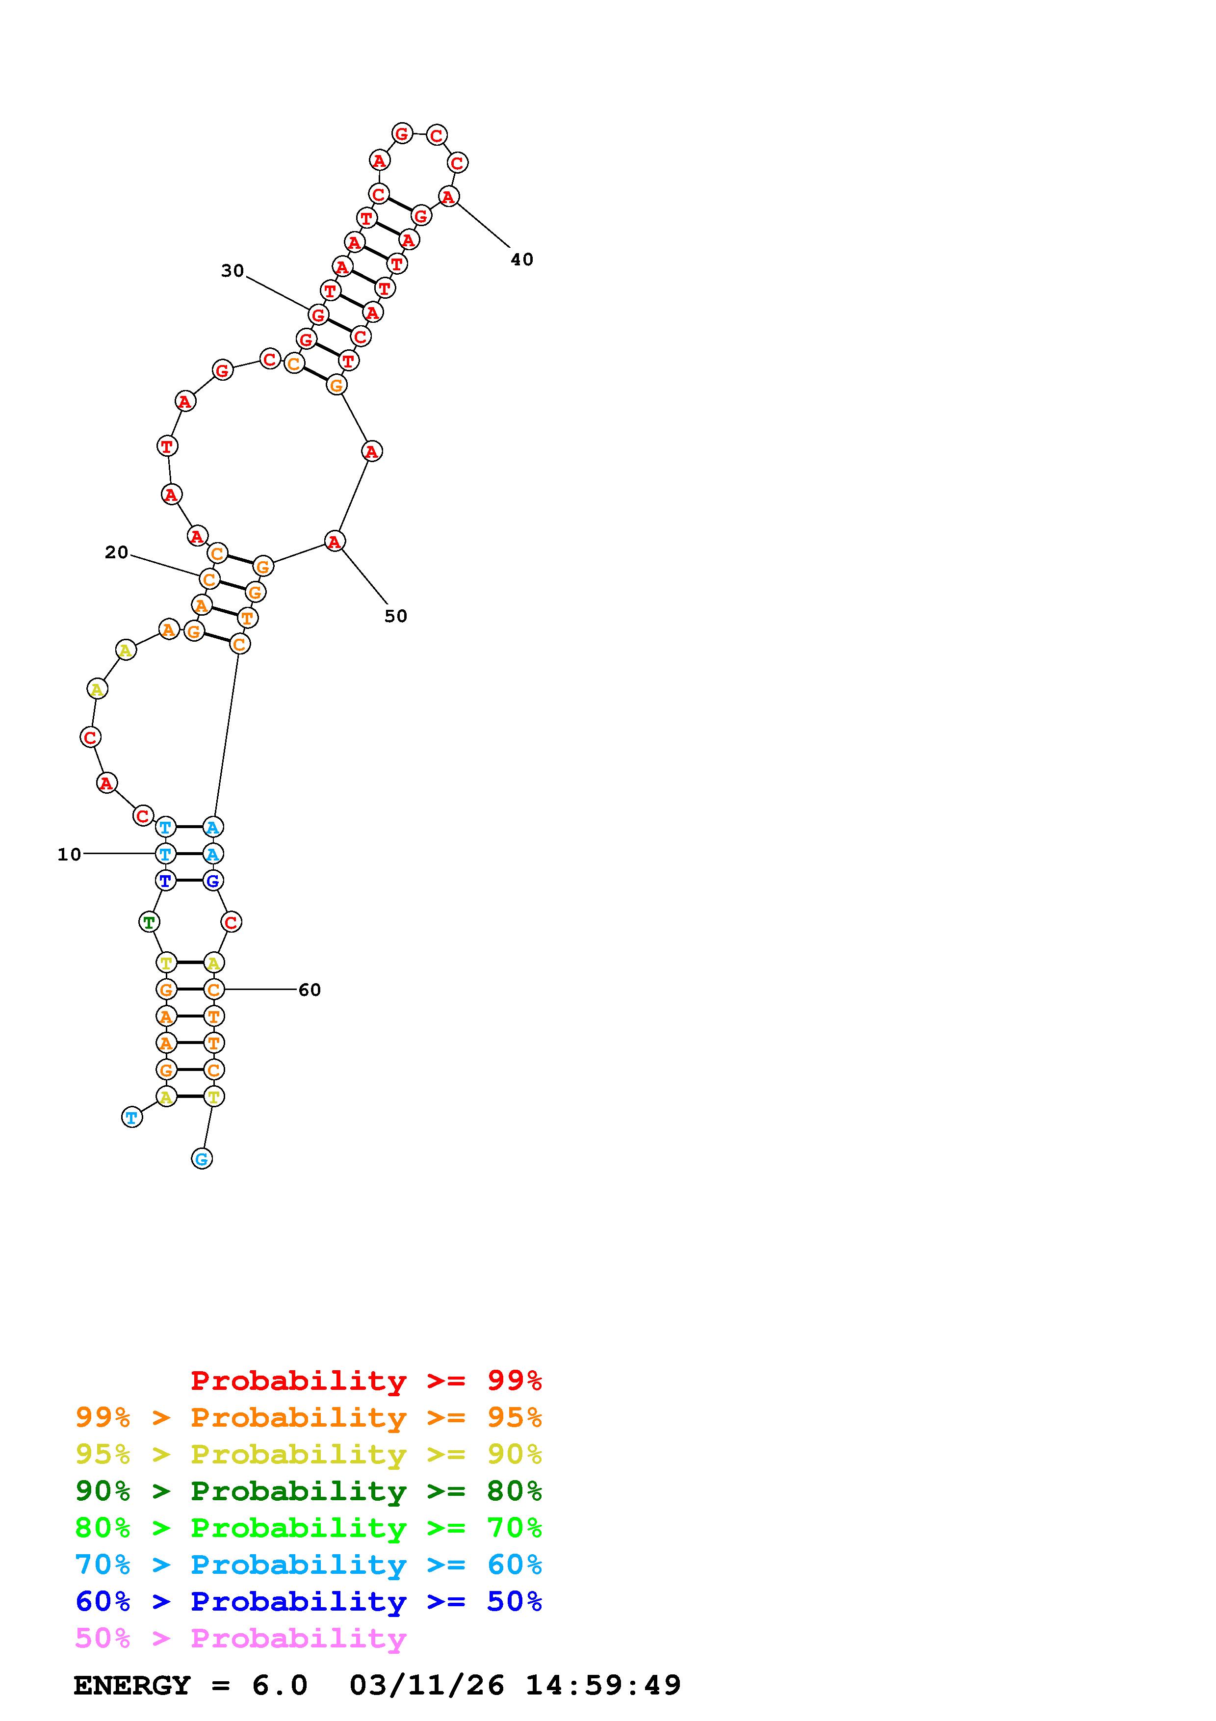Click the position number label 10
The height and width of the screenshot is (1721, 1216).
[69, 855]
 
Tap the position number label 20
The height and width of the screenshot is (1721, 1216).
[116, 552]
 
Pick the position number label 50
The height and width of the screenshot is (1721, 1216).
[395, 616]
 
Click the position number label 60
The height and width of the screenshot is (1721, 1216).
[310, 990]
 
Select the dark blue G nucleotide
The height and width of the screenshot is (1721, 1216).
[213, 881]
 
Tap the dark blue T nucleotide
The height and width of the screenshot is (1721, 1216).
[166, 880]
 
